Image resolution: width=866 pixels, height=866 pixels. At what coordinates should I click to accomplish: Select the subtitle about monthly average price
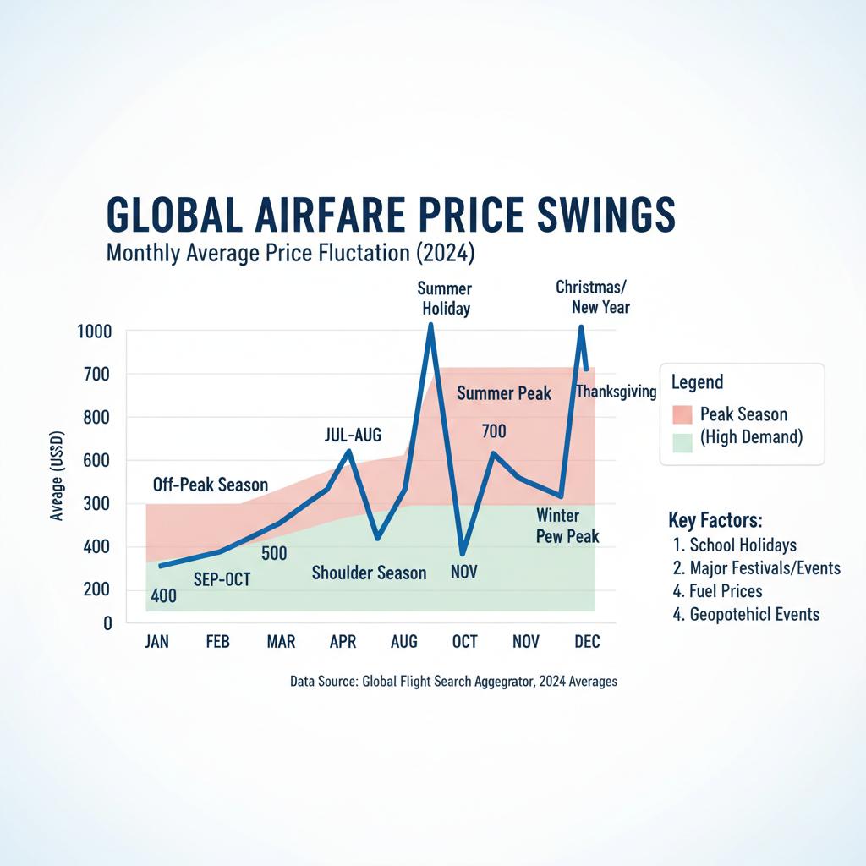pos(291,252)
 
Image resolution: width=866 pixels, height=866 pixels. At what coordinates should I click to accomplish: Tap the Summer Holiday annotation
pos(445,299)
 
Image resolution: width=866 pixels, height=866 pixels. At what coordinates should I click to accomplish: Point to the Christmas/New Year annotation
pos(592,297)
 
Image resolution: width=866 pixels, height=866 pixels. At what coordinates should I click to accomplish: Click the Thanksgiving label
pos(617,391)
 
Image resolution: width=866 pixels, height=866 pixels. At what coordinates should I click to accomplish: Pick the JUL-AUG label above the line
pos(353,436)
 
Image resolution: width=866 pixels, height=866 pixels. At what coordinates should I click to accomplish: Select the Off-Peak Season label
pos(211,485)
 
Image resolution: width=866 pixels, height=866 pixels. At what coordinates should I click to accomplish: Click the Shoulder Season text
pos(369,573)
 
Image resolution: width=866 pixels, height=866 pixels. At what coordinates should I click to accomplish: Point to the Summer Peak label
pos(504,393)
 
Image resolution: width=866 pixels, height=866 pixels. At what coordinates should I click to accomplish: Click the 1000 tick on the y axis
pos(94,332)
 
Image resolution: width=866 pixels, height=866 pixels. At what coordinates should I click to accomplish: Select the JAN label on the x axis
pos(156,642)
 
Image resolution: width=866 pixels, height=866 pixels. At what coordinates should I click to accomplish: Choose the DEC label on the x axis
pos(587,642)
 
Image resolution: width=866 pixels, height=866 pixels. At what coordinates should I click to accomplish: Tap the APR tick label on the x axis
pos(343,642)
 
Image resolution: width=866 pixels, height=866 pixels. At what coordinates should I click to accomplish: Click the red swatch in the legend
pos(682,414)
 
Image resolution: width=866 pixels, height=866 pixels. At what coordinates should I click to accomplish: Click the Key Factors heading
pos(715,519)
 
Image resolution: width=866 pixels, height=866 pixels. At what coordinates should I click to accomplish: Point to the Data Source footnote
pos(453,681)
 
